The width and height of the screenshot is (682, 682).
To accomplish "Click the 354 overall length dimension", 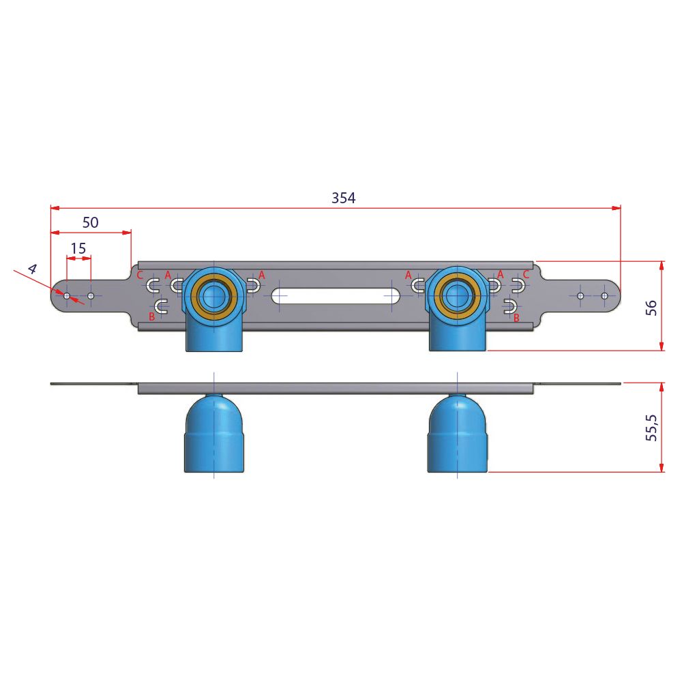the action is click(343, 198).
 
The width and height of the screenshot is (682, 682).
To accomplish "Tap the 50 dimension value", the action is click(91, 222).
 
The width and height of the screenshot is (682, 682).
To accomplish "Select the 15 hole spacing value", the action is click(78, 248).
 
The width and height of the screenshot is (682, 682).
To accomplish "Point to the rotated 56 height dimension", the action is click(651, 308).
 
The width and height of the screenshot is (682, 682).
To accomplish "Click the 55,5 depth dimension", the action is click(651, 428).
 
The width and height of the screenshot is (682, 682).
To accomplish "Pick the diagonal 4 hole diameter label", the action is click(32, 269).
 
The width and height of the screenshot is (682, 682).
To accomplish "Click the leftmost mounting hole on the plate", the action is click(67, 296).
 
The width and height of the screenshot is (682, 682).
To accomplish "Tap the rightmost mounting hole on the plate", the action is click(604, 296).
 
